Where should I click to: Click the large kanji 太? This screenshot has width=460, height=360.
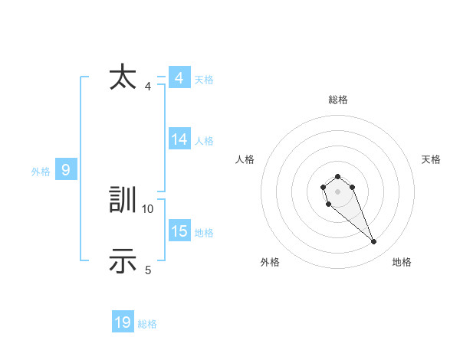[x=123, y=78]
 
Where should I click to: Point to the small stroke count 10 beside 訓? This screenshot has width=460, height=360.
[x=148, y=208]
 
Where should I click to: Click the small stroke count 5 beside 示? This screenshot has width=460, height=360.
[x=148, y=270]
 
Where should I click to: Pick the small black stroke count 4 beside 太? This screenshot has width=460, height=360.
[x=148, y=86]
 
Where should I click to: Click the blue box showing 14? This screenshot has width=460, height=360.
[x=179, y=139]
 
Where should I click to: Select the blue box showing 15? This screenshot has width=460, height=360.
[x=179, y=231]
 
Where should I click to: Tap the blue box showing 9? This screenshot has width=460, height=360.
[x=66, y=170]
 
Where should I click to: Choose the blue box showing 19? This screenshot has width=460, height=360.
[x=123, y=322]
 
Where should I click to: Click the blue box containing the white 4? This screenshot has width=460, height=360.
[x=179, y=78]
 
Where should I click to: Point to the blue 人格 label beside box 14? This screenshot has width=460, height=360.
[x=204, y=140]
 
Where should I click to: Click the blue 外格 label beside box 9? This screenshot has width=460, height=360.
[x=41, y=172]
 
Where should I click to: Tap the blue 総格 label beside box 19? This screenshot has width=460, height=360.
[x=147, y=324]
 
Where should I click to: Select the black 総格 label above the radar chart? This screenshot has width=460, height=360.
[x=338, y=100]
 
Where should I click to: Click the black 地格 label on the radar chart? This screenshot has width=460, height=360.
[x=402, y=262]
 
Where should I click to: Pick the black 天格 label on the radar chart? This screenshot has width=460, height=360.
[x=431, y=159]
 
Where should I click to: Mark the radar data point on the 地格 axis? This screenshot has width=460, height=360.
[x=374, y=242]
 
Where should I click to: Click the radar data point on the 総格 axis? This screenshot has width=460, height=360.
[x=337, y=177]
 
